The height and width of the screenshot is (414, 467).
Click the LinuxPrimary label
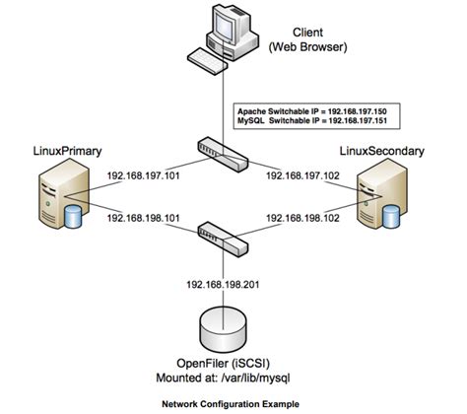[x=59, y=151]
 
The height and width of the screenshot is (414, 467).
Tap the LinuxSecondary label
[x=391, y=151]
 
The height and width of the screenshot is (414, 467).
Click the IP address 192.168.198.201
[x=226, y=284]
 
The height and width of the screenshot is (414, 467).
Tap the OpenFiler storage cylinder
[x=226, y=325]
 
